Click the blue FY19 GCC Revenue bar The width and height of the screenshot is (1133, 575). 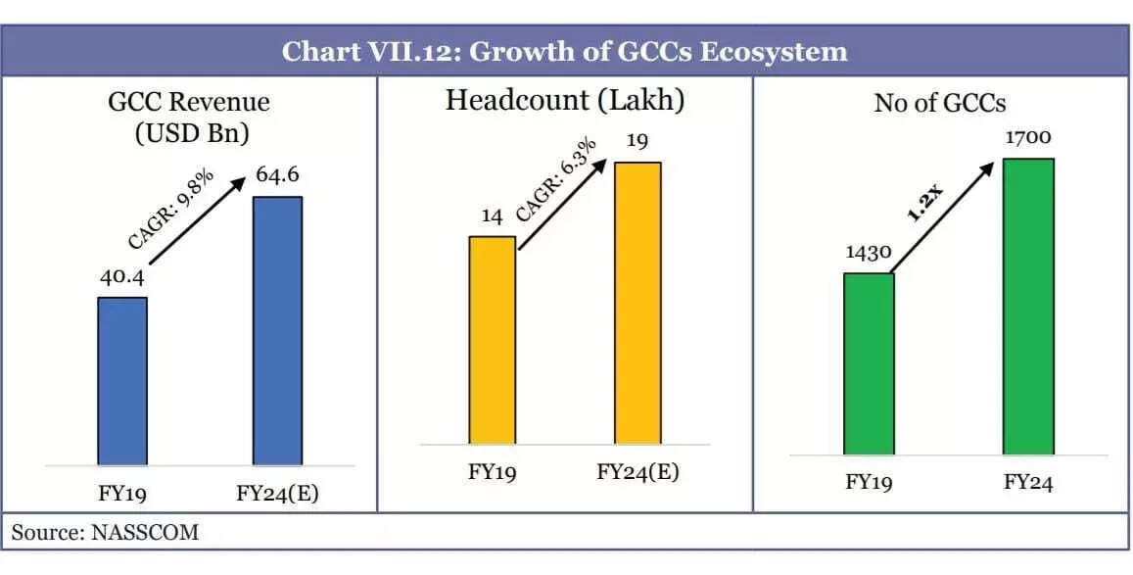(122, 381)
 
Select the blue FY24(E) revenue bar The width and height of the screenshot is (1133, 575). (277, 330)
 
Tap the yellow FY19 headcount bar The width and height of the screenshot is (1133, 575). (492, 340)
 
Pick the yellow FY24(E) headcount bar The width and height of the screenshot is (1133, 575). (637, 303)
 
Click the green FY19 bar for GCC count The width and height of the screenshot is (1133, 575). (869, 363)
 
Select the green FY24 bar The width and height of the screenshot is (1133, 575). (1027, 306)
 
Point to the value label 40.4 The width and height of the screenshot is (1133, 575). (121, 277)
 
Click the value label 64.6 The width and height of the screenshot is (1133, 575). (277, 176)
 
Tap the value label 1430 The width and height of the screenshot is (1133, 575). (868, 253)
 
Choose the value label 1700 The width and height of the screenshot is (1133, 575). (1027, 138)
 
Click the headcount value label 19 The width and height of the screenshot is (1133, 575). (637, 142)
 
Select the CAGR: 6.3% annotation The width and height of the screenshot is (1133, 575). (555, 186)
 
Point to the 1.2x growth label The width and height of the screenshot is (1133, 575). (924, 202)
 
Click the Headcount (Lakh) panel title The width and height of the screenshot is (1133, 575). (564, 101)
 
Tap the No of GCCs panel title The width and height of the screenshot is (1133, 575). (939, 103)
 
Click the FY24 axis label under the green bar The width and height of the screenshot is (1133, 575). (1027, 482)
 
